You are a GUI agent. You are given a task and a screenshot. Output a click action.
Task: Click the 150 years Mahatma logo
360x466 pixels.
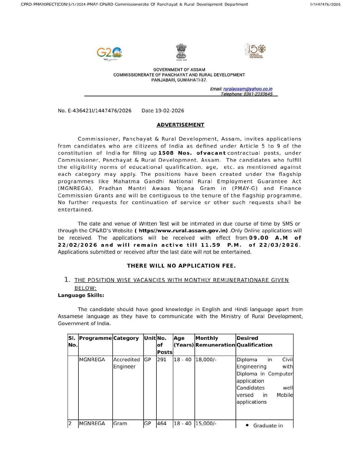[256, 51]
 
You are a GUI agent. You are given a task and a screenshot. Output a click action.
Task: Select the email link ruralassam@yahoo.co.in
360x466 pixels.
[248, 89]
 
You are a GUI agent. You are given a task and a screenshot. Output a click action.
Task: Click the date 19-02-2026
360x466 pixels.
[169, 111]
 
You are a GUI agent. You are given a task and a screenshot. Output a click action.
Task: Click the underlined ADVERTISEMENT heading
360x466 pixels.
[180, 125]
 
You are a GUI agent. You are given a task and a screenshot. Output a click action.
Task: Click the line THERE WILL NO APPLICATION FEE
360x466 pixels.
[181, 266]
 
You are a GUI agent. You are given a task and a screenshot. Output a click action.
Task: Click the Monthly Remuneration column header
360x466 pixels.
[215, 342]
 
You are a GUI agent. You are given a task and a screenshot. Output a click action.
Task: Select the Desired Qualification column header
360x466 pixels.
[254, 342]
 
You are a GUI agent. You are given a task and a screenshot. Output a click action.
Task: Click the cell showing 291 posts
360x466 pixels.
[162, 360]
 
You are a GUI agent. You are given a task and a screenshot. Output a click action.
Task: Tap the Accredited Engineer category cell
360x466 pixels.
[126, 363]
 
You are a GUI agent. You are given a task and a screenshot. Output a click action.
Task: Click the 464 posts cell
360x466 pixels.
[162, 423]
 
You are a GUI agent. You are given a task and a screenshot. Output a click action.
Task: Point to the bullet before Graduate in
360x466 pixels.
[247, 425]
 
